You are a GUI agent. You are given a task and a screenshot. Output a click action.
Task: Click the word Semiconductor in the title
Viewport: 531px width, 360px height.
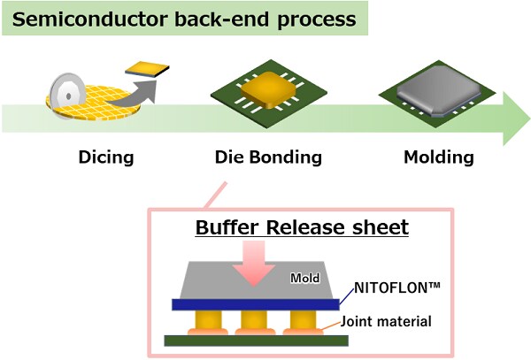[90, 19]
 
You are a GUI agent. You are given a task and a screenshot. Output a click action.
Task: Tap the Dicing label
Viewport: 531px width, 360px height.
[106, 157]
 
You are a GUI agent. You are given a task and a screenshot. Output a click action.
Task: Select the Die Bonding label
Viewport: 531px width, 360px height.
[268, 157]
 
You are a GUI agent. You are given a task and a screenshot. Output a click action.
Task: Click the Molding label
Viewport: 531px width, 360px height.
[439, 157]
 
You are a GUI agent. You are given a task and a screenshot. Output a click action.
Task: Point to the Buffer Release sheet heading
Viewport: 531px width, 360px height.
[302, 227]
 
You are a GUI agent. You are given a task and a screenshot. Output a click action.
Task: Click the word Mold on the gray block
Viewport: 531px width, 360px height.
[305, 278]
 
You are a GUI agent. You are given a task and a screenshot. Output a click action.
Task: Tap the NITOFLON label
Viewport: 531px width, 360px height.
[397, 288]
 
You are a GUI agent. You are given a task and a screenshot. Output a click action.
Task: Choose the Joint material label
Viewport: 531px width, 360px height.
[386, 321]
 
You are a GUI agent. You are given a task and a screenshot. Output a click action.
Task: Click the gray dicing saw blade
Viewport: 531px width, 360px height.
[67, 96]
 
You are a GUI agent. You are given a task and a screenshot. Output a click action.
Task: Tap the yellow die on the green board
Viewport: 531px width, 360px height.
[269, 89]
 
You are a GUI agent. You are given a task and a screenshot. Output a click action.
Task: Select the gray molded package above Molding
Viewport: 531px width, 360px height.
[439, 89]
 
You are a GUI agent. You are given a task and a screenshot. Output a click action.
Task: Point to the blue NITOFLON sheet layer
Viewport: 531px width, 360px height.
[256, 304]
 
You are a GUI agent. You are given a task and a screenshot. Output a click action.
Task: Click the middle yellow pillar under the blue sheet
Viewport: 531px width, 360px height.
[254, 319]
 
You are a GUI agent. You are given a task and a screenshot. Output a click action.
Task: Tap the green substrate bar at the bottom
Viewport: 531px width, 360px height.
[257, 341]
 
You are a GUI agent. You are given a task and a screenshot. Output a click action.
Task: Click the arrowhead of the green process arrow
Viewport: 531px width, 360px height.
[517, 119]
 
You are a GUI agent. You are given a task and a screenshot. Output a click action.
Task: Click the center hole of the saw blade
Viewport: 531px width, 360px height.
[69, 96]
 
